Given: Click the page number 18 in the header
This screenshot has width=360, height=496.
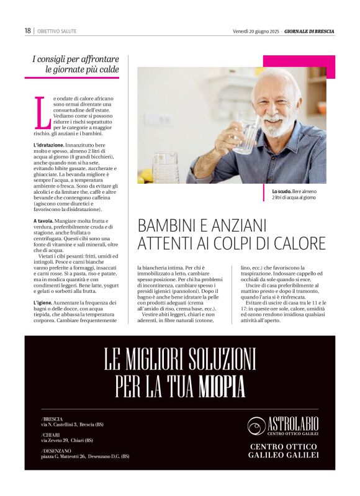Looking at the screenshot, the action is pyautogui.click(x=27, y=30).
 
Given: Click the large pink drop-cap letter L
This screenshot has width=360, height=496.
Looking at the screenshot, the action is pyautogui.click(x=42, y=112).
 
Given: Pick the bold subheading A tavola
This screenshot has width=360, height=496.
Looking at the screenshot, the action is pyautogui.click(x=43, y=220).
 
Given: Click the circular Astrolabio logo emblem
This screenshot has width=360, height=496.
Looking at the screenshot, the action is pyautogui.click(x=256, y=426).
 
